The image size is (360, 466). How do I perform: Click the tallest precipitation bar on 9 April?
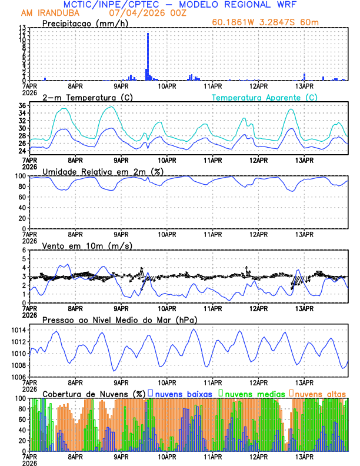point(148,56)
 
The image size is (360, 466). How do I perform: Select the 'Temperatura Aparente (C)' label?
point(265,97)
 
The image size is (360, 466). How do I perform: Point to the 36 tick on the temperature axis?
point(22,106)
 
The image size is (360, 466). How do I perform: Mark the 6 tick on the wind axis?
point(24,250)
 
